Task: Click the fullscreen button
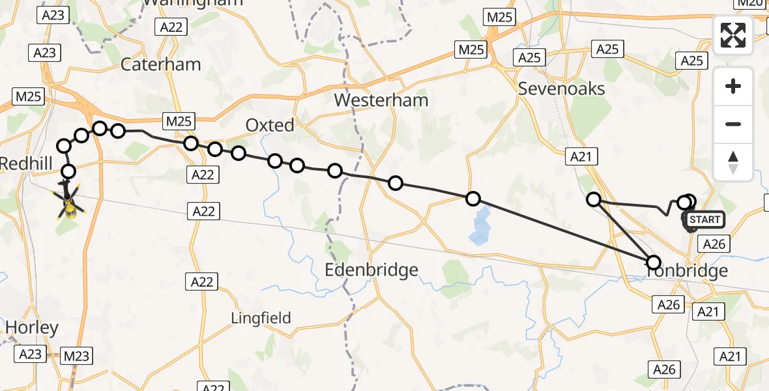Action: click(733, 35)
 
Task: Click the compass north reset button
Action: click(733, 162)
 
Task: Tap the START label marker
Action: click(704, 220)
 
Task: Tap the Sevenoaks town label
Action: click(561, 89)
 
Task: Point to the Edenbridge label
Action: click(372, 269)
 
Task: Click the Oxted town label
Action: click(270, 125)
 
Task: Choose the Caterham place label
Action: click(160, 65)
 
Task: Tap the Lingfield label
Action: click(261, 318)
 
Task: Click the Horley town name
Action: click(31, 327)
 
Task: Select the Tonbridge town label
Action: click(688, 271)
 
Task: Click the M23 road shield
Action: click(76, 356)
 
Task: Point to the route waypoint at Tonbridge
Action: click(654, 263)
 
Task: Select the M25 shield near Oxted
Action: click(179, 121)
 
